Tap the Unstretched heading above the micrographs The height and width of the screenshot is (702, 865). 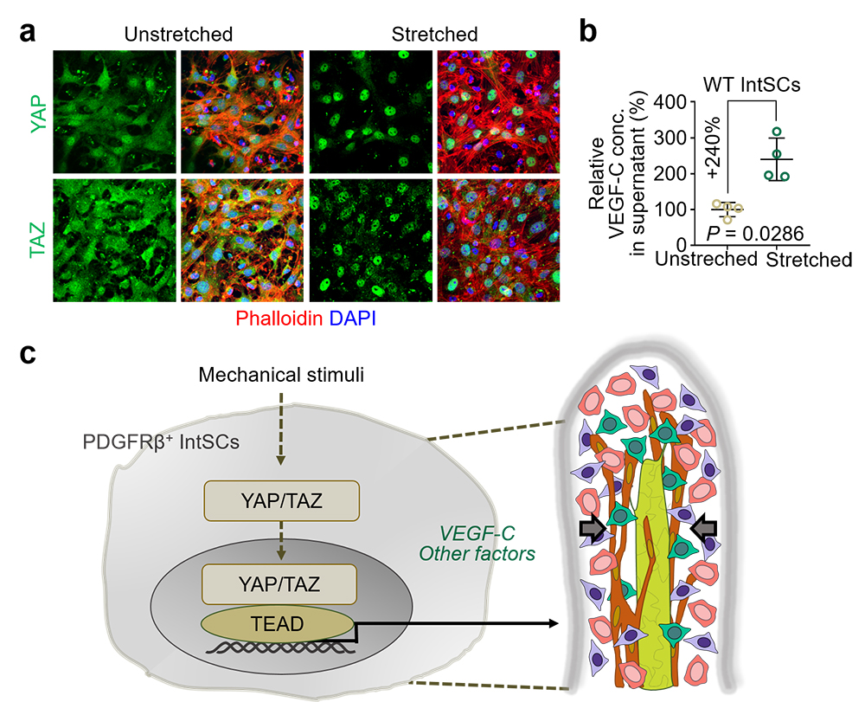[x=178, y=35]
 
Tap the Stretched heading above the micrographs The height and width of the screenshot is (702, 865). [x=434, y=35]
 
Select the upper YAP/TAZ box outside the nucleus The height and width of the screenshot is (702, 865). [x=281, y=501]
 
